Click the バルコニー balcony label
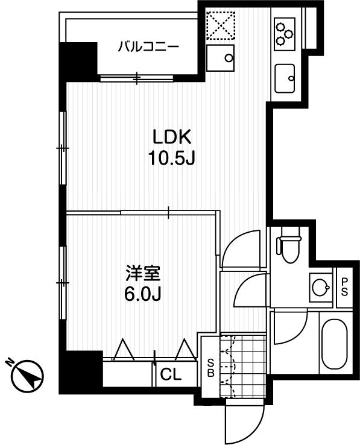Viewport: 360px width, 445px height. point(148,47)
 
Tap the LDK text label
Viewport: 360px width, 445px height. point(171,137)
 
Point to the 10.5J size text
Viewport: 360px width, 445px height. point(171,159)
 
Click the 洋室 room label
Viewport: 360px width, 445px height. point(143,273)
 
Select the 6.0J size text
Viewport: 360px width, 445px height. point(143,294)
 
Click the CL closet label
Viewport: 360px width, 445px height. point(171,374)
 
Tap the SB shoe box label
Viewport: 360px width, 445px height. point(210,368)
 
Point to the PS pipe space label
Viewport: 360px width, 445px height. point(344,287)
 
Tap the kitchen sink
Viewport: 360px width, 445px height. point(285,78)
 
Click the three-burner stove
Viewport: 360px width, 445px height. point(285,34)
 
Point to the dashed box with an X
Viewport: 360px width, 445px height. point(221,25)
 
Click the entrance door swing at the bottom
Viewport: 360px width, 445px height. point(244,423)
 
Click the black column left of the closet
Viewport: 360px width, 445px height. point(80,373)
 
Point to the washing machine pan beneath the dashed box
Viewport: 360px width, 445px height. point(220,58)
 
